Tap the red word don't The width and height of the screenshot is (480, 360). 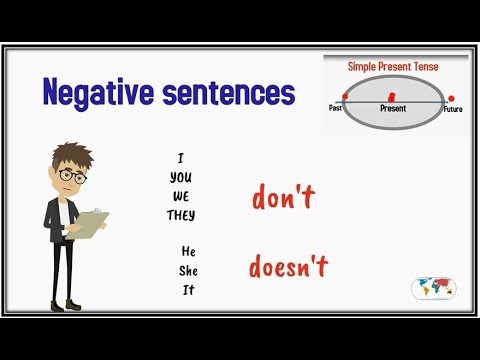coord(278,200)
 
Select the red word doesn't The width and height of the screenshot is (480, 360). coord(289,267)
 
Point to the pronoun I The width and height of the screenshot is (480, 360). coord(181,156)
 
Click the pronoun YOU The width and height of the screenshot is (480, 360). coord(181,176)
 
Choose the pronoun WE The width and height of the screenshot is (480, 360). coord(181,195)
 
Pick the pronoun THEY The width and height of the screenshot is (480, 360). coord(181,215)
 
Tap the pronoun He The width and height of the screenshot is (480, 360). coord(187,249)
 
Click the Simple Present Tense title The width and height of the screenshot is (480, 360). coord(393,66)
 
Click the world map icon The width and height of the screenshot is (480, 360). coord(435,290)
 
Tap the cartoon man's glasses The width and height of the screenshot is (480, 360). coord(67,175)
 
